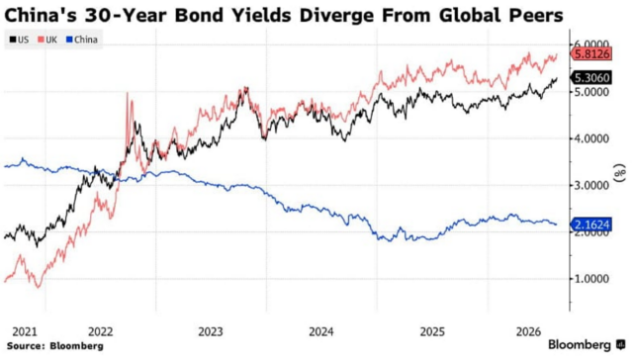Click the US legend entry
coord(19,40)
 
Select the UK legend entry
coord(47,40)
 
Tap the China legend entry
coord(82,40)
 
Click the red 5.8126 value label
coord(591,53)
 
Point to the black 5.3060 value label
coord(591,77)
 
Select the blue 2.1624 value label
coord(591,225)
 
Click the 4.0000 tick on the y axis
coord(591,138)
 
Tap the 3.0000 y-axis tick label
coord(591,186)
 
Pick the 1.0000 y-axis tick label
coord(591,279)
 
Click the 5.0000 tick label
coord(591,92)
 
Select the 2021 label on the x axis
coord(25,331)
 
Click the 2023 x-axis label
coord(211,331)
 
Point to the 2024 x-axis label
coord(321,331)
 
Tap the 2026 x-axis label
coord(528,331)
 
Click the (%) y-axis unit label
coord(620,173)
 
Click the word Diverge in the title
coord(337,16)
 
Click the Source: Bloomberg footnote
coord(55,346)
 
